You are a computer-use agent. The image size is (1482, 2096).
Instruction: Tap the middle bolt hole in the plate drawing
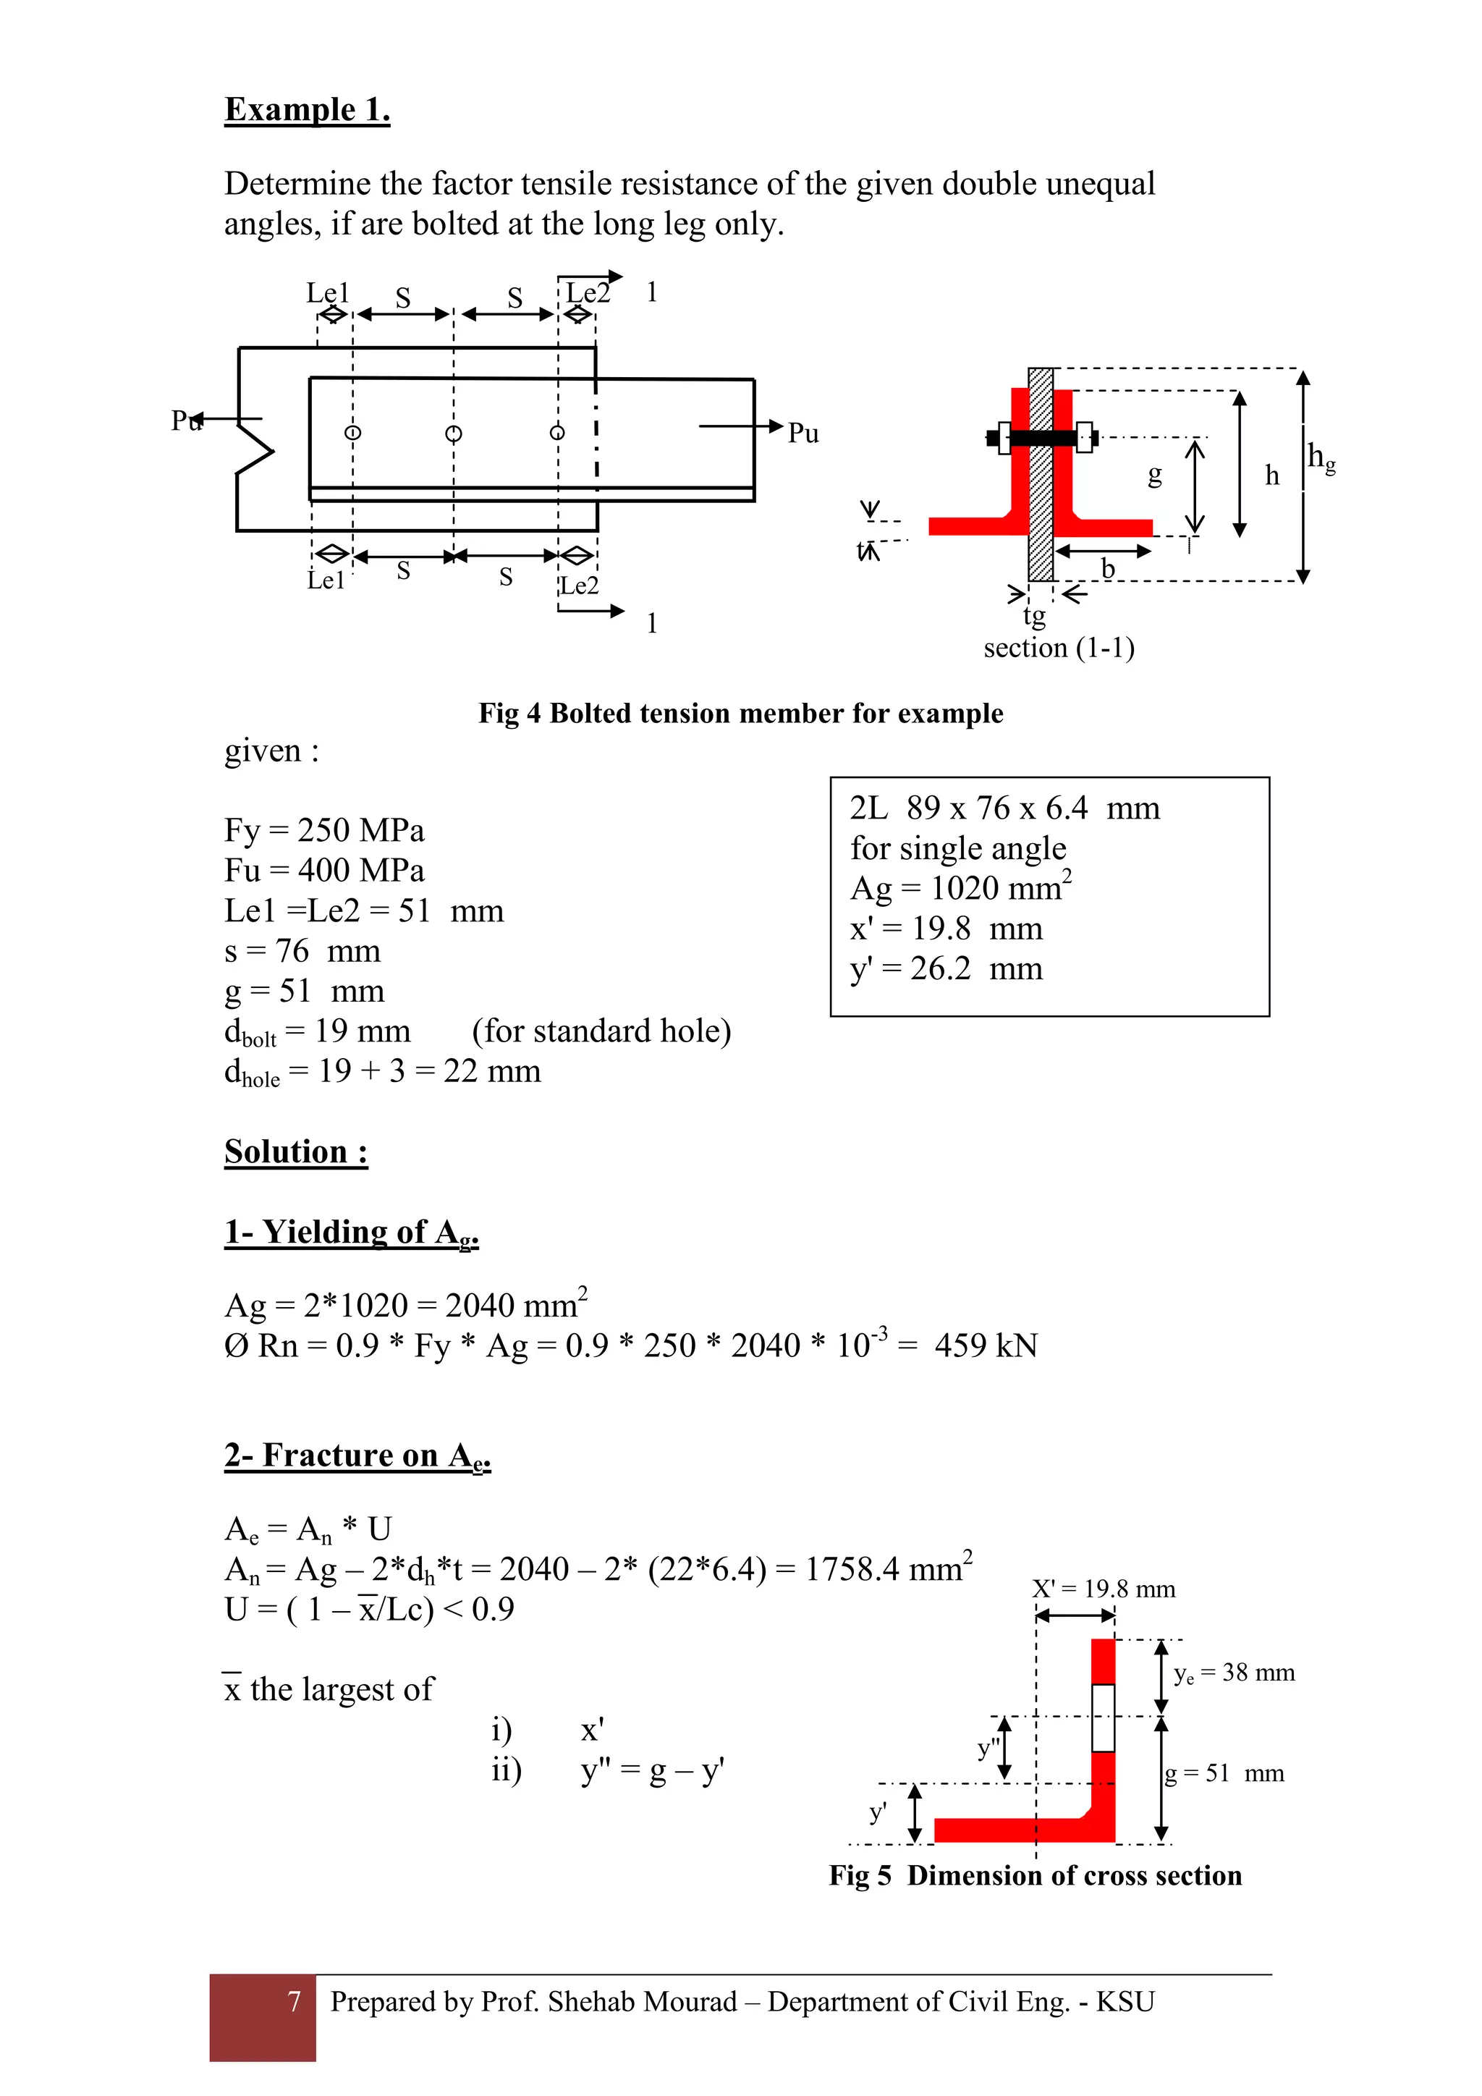tap(454, 434)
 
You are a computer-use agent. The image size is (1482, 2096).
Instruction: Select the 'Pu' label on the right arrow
tap(803, 433)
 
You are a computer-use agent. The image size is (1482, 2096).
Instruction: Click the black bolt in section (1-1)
tap(1041, 438)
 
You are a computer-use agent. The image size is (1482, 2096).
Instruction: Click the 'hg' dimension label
tap(1321, 457)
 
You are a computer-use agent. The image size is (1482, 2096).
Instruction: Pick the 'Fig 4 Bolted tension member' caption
tap(740, 713)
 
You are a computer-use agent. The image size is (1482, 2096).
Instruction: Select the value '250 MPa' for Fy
tap(360, 830)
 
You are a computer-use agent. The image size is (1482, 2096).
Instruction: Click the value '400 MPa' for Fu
tap(360, 870)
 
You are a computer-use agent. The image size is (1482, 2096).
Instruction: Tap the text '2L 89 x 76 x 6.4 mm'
tap(1004, 808)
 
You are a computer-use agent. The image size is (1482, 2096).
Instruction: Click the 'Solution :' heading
tap(296, 1152)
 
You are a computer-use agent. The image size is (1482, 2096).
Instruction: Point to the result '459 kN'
tap(986, 1345)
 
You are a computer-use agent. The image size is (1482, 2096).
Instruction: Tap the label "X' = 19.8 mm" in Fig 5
tap(1104, 1589)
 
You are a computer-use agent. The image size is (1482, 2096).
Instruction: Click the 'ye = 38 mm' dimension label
tap(1234, 1673)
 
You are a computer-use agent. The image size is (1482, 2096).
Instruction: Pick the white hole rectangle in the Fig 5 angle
tap(1104, 1718)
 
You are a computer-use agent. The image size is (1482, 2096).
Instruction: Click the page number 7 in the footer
tap(294, 2001)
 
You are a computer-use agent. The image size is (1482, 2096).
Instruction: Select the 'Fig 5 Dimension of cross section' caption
tap(1035, 1875)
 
